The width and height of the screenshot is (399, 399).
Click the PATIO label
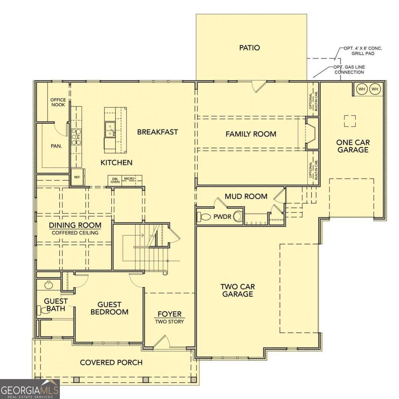pyautogui.click(x=249, y=48)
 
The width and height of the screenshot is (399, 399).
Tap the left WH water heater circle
pyautogui.click(x=361, y=89)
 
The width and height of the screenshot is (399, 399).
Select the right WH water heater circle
pyautogui.click(x=375, y=89)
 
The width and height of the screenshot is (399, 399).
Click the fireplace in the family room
pyautogui.click(x=312, y=133)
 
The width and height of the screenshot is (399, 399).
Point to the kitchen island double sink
pyautogui.click(x=110, y=130)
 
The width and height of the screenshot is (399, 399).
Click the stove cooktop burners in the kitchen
pyautogui.click(x=76, y=136)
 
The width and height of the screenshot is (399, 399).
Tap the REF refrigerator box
pyautogui.click(x=77, y=177)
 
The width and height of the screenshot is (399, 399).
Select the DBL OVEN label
pyautogui.click(x=115, y=180)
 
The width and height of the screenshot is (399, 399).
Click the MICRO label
pyautogui.click(x=129, y=179)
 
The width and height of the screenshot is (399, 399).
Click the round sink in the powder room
pyautogui.click(x=238, y=216)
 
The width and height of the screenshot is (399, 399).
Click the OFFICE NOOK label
pyautogui.click(x=58, y=102)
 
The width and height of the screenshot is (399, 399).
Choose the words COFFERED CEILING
pyautogui.click(x=75, y=233)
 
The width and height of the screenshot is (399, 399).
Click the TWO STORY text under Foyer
pyautogui.click(x=170, y=322)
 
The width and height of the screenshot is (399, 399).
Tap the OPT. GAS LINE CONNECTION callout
pyautogui.click(x=349, y=69)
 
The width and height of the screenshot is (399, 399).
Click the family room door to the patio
pyautogui.click(x=259, y=87)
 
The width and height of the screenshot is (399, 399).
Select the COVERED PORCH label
pyautogui.click(x=111, y=362)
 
